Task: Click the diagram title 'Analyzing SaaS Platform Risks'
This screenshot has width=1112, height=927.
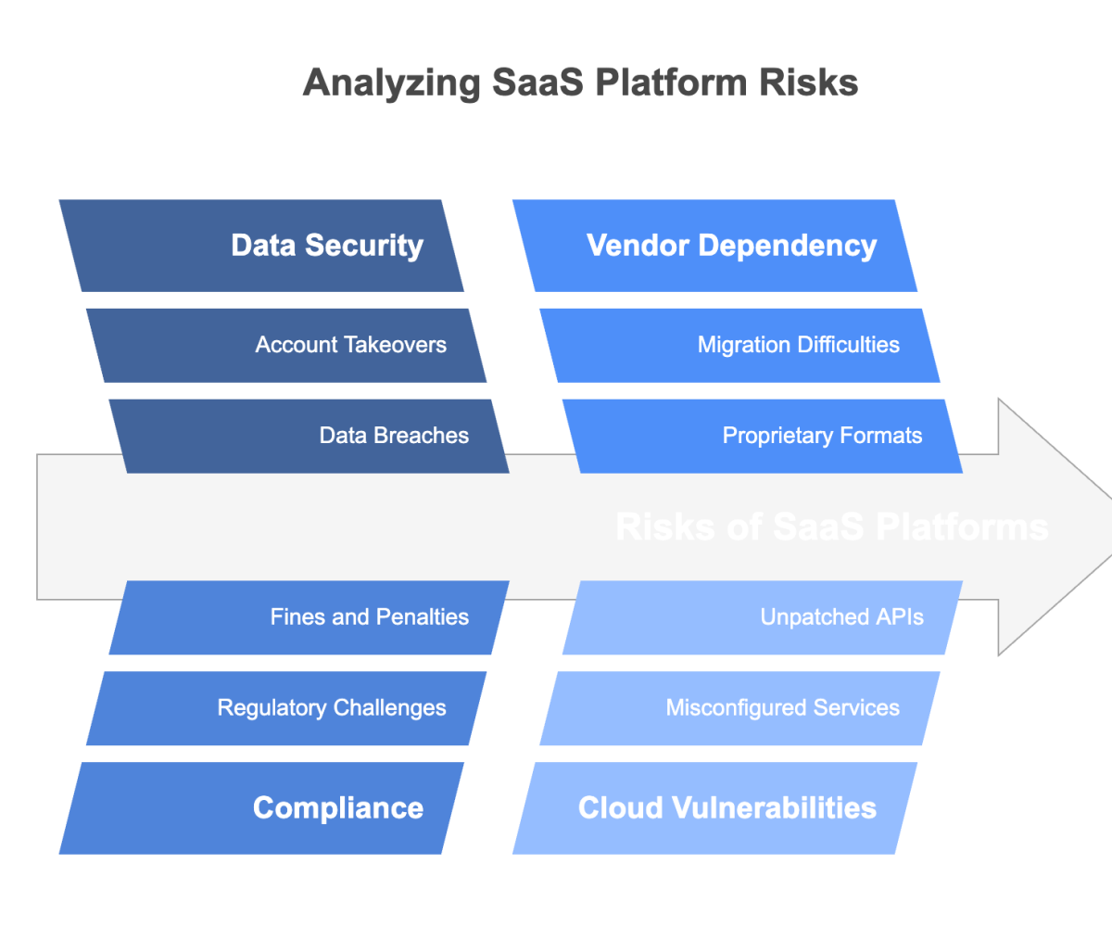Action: [580, 83]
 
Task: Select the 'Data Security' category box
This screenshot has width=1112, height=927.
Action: [261, 246]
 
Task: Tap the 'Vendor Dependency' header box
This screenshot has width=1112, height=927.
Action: [714, 246]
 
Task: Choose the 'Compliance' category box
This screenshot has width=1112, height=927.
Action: [261, 807]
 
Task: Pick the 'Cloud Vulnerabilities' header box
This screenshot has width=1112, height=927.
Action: [714, 807]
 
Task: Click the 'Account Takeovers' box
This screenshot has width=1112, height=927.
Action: [286, 345]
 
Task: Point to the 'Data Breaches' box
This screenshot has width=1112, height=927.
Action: [309, 436]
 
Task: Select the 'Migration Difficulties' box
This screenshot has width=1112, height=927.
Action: [739, 345]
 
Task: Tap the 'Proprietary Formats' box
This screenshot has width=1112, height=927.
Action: [762, 436]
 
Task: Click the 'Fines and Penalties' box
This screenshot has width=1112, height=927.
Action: [309, 617]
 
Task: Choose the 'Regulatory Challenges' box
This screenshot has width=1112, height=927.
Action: [286, 708]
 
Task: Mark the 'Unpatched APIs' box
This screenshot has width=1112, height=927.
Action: [762, 617]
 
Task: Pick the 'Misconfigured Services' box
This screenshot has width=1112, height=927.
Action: [739, 708]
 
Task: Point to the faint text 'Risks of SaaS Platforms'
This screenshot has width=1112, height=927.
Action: [831, 527]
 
